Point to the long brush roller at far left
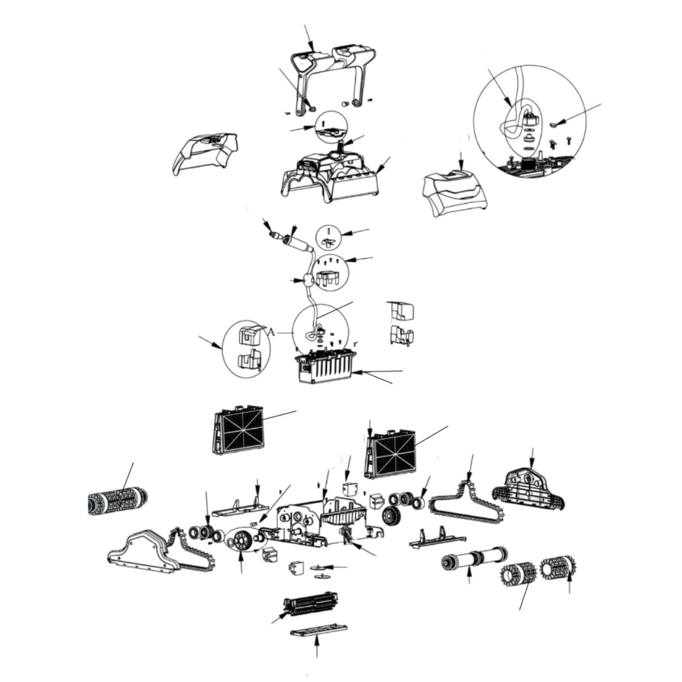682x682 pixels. (118, 501)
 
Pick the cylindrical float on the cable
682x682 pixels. (296, 244)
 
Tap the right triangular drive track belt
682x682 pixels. (467, 507)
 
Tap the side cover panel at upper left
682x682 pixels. (205, 154)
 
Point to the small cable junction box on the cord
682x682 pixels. (307, 281)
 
